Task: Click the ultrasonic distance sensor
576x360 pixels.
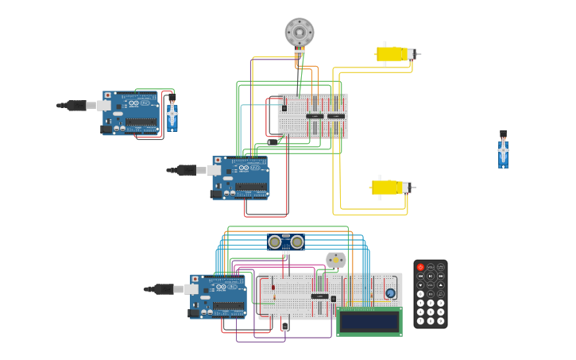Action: click(x=286, y=242)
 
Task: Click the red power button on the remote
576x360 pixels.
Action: click(x=420, y=267)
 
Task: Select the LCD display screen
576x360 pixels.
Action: click(x=369, y=321)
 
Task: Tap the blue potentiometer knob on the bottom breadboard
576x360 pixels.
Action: click(x=390, y=292)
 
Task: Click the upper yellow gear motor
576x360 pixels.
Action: click(x=393, y=54)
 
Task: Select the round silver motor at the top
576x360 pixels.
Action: click(x=300, y=33)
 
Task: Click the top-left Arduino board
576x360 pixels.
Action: click(x=131, y=114)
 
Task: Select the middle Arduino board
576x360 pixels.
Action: click(x=242, y=177)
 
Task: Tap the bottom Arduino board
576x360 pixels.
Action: click(x=218, y=296)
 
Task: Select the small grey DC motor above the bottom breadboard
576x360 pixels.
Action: click(x=336, y=260)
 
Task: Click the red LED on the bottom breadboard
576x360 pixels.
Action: click(x=273, y=288)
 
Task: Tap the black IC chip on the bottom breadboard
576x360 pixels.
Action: click(x=319, y=296)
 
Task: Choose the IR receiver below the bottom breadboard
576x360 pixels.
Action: click(x=284, y=325)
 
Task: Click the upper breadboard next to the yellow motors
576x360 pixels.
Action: click(x=313, y=116)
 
